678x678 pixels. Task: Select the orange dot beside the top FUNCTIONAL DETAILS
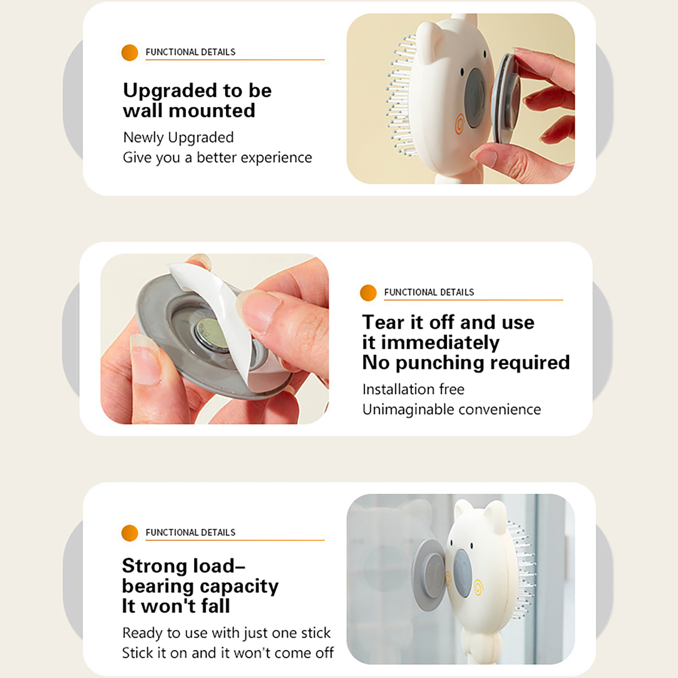pos(130,53)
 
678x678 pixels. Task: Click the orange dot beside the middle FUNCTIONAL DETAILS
pos(368,293)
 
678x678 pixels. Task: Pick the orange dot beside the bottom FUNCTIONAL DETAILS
pos(130,533)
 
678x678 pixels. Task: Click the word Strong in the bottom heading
pos(154,566)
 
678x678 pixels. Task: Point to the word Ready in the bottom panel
pos(142,634)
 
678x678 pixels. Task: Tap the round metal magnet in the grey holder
pos(212,335)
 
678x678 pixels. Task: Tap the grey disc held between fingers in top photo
pos(506,98)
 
